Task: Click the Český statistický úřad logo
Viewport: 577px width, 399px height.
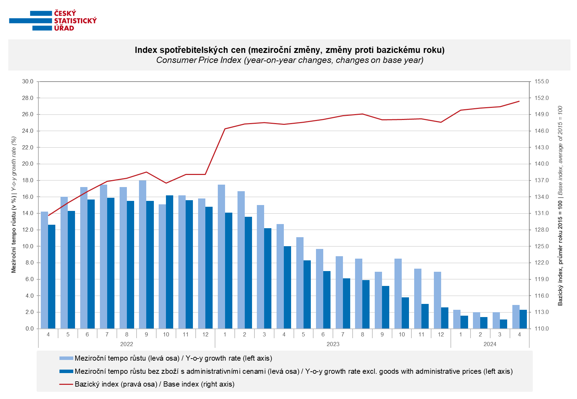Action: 53,21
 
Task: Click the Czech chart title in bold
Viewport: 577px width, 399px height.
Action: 289,50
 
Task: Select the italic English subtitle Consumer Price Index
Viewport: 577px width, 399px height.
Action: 289,60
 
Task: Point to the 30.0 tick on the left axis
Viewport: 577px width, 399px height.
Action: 28,82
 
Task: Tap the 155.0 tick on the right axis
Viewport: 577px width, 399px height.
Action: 542,82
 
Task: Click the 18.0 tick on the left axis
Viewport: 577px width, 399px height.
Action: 28,180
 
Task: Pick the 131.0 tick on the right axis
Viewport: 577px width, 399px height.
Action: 542,213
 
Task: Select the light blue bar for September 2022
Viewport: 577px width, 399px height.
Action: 143,254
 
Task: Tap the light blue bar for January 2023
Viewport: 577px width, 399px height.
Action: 221,257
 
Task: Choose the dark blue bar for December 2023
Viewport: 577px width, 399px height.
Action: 445,318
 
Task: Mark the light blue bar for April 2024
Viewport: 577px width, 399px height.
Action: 516,317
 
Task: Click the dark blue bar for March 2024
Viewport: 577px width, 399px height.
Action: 503,324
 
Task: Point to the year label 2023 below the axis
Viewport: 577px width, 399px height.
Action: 333,344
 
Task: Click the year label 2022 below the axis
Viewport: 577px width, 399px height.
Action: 127,344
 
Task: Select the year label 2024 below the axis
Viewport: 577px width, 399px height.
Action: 490,344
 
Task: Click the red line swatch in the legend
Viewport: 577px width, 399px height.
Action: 66,384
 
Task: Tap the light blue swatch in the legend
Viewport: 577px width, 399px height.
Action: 66,358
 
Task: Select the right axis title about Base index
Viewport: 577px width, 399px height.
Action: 560,206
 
